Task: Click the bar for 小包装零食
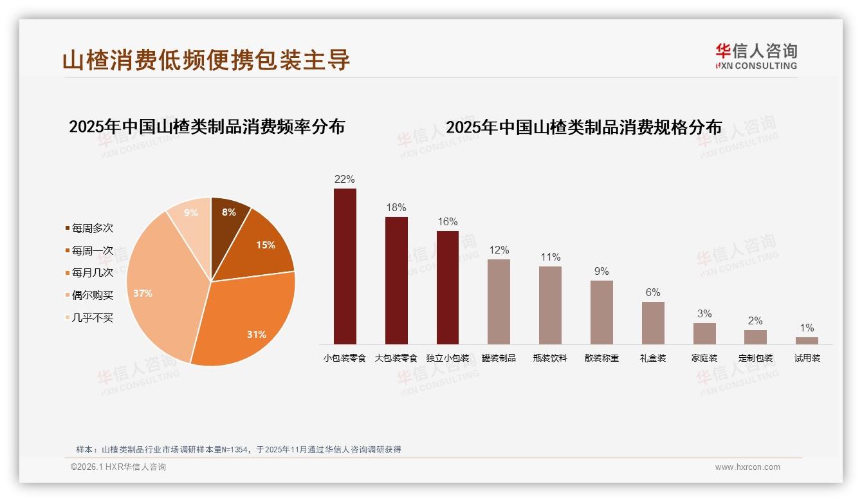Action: pyautogui.click(x=345, y=266)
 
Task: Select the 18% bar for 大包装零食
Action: pyautogui.click(x=396, y=281)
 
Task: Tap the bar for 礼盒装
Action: pyautogui.click(x=653, y=323)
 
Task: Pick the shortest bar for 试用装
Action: pyautogui.click(x=807, y=340)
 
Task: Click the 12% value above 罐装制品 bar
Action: pyautogui.click(x=499, y=250)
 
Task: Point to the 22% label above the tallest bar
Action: pyautogui.click(x=344, y=180)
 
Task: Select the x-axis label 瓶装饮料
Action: pyautogui.click(x=550, y=358)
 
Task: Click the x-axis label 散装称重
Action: pyautogui.click(x=601, y=358)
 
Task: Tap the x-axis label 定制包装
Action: pyautogui.click(x=755, y=358)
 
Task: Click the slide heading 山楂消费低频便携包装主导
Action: pyautogui.click(x=206, y=60)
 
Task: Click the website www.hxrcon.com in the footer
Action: pyautogui.click(x=747, y=467)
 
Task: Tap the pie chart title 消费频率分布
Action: pyautogui.click(x=206, y=127)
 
